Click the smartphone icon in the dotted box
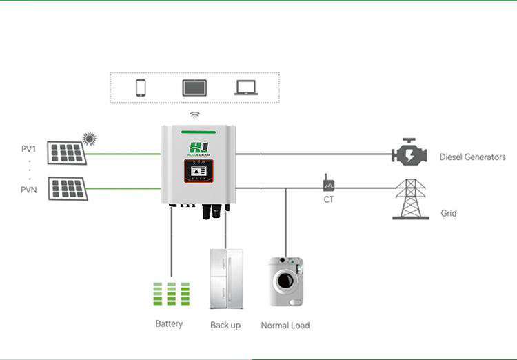[141, 88]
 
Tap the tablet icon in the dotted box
[191, 88]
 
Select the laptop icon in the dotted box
[245, 88]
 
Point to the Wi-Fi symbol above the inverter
[195, 115]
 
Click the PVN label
[30, 188]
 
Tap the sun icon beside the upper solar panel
[89, 139]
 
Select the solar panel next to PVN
[67, 188]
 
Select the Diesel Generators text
[472, 157]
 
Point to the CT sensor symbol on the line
[328, 185]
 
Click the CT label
[328, 200]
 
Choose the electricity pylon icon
[410, 199]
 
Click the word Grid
[449, 214]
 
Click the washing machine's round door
[283, 281]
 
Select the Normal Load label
[285, 325]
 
